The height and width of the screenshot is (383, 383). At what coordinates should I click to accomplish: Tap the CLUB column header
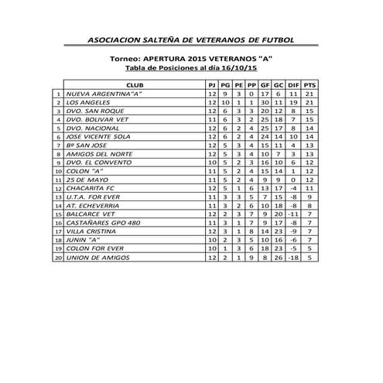click(133, 83)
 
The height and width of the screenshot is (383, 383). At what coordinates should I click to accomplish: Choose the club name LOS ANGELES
click(87, 102)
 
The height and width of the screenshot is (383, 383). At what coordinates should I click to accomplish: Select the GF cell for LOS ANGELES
click(265, 102)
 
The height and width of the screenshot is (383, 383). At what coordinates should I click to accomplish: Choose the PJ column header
click(211, 83)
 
